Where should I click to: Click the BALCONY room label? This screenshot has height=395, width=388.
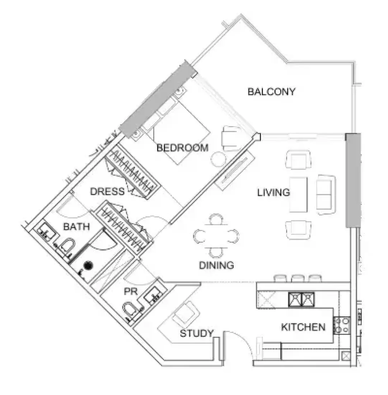271,92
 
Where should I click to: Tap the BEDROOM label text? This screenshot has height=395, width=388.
183,148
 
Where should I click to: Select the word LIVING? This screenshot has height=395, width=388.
274,193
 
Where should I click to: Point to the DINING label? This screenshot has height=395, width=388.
216,265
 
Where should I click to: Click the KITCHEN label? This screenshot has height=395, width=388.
303,327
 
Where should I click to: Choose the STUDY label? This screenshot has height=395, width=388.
197,334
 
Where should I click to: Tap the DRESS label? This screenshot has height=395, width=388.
107,192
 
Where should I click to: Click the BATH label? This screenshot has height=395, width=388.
76,227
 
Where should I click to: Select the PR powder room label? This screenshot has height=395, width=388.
131,292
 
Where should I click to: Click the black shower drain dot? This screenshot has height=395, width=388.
88,265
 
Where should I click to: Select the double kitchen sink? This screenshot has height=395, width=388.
301,299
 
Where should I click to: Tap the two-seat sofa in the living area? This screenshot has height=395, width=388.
326,195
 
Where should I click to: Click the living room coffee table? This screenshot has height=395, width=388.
298,195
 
